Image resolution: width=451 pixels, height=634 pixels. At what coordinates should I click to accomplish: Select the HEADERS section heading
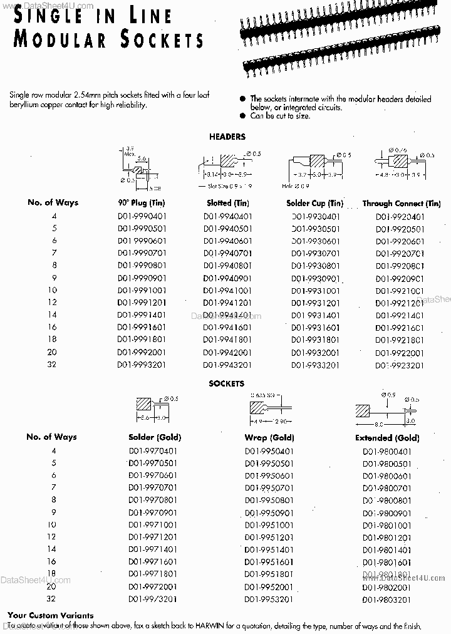pyautogui.click(x=227, y=137)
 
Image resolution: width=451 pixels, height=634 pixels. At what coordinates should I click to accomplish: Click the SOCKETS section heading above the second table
pyautogui.click(x=227, y=383)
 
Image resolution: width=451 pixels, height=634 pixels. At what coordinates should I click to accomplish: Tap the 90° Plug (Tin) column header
pyautogui.click(x=141, y=203)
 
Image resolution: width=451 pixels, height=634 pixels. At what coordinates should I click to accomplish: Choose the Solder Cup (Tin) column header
pyautogui.click(x=315, y=203)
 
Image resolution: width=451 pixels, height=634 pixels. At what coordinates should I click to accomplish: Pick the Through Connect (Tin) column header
pyautogui.click(x=402, y=204)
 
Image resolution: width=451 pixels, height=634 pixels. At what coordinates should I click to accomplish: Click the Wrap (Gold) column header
pyautogui.click(x=269, y=437)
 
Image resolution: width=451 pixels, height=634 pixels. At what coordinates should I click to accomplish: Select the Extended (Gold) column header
pyautogui.click(x=386, y=438)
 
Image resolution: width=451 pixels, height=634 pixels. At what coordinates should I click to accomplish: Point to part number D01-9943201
pyautogui.click(x=228, y=365)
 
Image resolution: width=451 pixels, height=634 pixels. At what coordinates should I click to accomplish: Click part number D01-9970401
pyautogui.click(x=153, y=451)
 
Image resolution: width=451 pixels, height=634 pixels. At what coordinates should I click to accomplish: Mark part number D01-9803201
pyautogui.click(x=386, y=600)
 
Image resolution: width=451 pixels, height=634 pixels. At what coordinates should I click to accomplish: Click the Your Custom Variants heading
pyautogui.click(x=51, y=616)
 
